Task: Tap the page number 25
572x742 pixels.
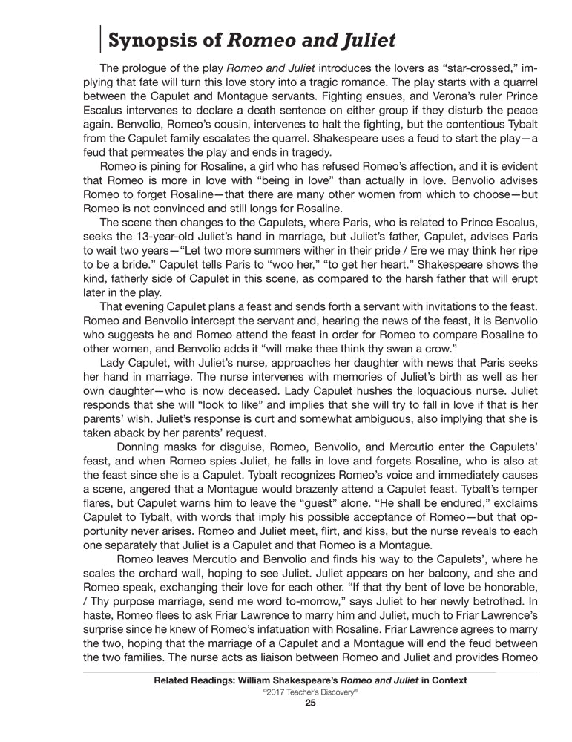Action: (x=311, y=704)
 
